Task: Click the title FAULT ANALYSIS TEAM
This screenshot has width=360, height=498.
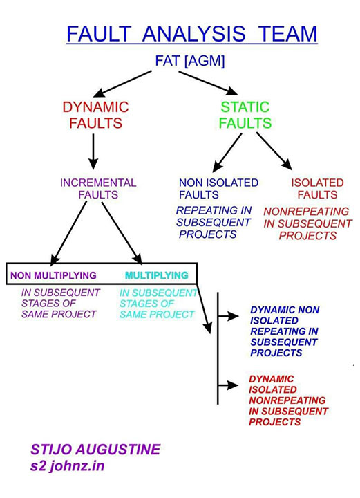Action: click(191, 34)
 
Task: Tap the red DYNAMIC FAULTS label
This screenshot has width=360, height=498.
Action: click(95, 116)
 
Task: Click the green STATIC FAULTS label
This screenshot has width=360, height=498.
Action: click(245, 116)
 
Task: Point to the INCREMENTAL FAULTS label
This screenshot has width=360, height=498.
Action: click(98, 189)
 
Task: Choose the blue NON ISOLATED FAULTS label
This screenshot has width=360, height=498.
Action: click(218, 189)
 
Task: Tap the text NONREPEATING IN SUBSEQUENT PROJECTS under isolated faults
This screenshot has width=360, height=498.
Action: click(307, 223)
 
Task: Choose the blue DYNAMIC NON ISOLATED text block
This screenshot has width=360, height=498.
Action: click(284, 331)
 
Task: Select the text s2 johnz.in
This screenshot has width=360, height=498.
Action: click(68, 466)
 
